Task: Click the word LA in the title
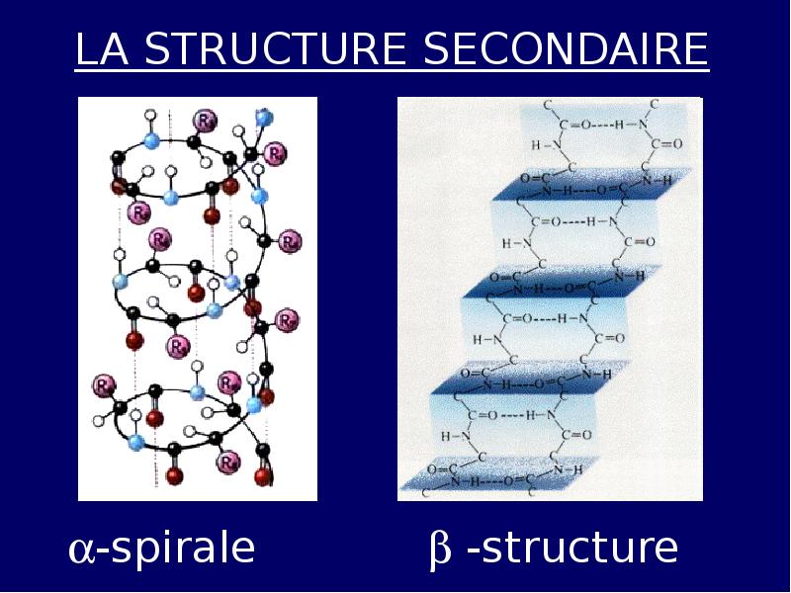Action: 101,50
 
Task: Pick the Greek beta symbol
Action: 440,550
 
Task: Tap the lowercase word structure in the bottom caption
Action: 572,548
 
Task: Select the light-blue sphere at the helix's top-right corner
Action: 263,118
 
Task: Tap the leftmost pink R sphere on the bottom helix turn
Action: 103,384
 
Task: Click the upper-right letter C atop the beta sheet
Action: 655,104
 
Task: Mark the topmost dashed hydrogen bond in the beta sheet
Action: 604,126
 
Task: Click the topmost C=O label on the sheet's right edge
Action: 669,144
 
